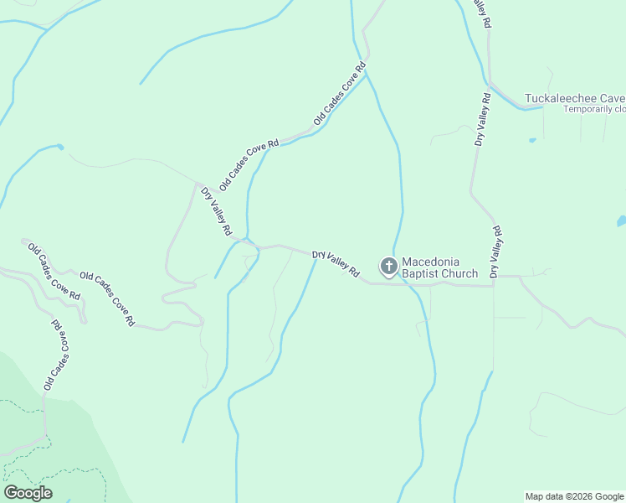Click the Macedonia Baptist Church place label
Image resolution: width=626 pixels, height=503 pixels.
click(439, 267)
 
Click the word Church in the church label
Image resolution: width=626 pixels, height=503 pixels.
click(459, 273)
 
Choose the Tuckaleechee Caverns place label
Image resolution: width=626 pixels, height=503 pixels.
click(574, 98)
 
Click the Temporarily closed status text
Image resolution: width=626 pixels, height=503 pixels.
click(594, 109)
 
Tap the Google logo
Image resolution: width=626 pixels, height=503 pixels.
click(28, 493)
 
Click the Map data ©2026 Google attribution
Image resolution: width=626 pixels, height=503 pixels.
click(575, 496)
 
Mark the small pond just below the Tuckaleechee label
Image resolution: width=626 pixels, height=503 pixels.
click(531, 140)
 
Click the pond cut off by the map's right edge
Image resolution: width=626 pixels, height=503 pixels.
click(621, 222)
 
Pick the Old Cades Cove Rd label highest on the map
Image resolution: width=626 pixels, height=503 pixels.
click(341, 94)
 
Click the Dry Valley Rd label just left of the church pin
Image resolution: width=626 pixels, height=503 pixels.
click(336, 264)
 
